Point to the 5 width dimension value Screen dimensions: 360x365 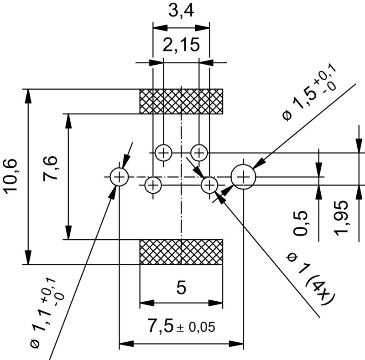click(181, 288)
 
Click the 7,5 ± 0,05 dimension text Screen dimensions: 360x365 click(181, 326)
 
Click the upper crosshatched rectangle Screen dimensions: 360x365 click(181, 101)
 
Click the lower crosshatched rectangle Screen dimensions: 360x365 click(181, 252)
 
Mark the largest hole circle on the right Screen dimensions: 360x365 click(244, 176)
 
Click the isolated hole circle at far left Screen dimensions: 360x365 click(119, 176)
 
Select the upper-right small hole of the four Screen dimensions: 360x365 click(199, 152)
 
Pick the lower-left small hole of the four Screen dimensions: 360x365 click(153, 185)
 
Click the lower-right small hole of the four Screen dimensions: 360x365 click(209, 185)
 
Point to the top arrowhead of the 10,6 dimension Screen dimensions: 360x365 click(29, 93)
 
